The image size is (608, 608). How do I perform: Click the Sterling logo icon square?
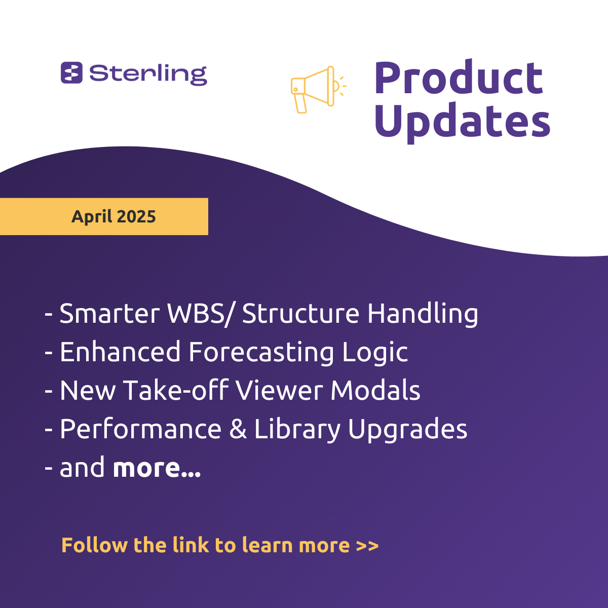[x=71, y=72]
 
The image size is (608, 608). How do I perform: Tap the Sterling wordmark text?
[x=148, y=75]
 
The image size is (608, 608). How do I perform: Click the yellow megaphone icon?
[x=318, y=89]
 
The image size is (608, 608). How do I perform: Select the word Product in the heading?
[x=459, y=78]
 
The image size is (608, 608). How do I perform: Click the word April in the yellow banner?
[x=92, y=217]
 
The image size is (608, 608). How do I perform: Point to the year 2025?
[x=137, y=216]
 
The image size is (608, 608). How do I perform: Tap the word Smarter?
[x=110, y=314]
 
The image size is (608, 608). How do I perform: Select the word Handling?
[x=423, y=314]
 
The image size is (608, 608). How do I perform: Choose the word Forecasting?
[x=261, y=353]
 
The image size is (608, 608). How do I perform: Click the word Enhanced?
[x=120, y=352]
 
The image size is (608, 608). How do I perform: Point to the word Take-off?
[x=175, y=390]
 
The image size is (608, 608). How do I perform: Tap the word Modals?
[x=375, y=390]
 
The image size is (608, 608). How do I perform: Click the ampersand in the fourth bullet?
[x=238, y=429]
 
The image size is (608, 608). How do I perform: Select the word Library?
[x=297, y=430]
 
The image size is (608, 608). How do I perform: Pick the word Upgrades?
[x=408, y=430]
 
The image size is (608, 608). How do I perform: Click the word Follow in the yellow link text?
[x=95, y=545]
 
